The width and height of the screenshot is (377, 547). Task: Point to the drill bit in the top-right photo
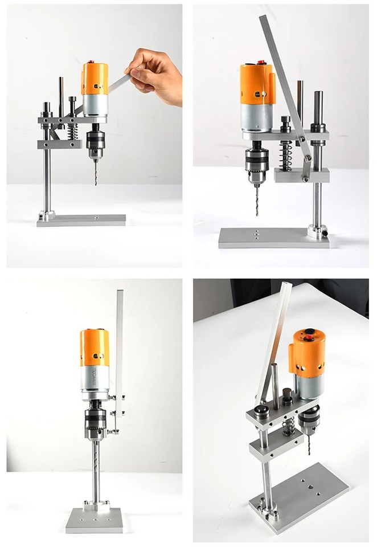(x=257, y=199)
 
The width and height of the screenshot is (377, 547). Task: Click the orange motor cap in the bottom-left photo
(x=94, y=348)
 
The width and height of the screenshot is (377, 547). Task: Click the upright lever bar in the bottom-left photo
(x=120, y=342)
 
